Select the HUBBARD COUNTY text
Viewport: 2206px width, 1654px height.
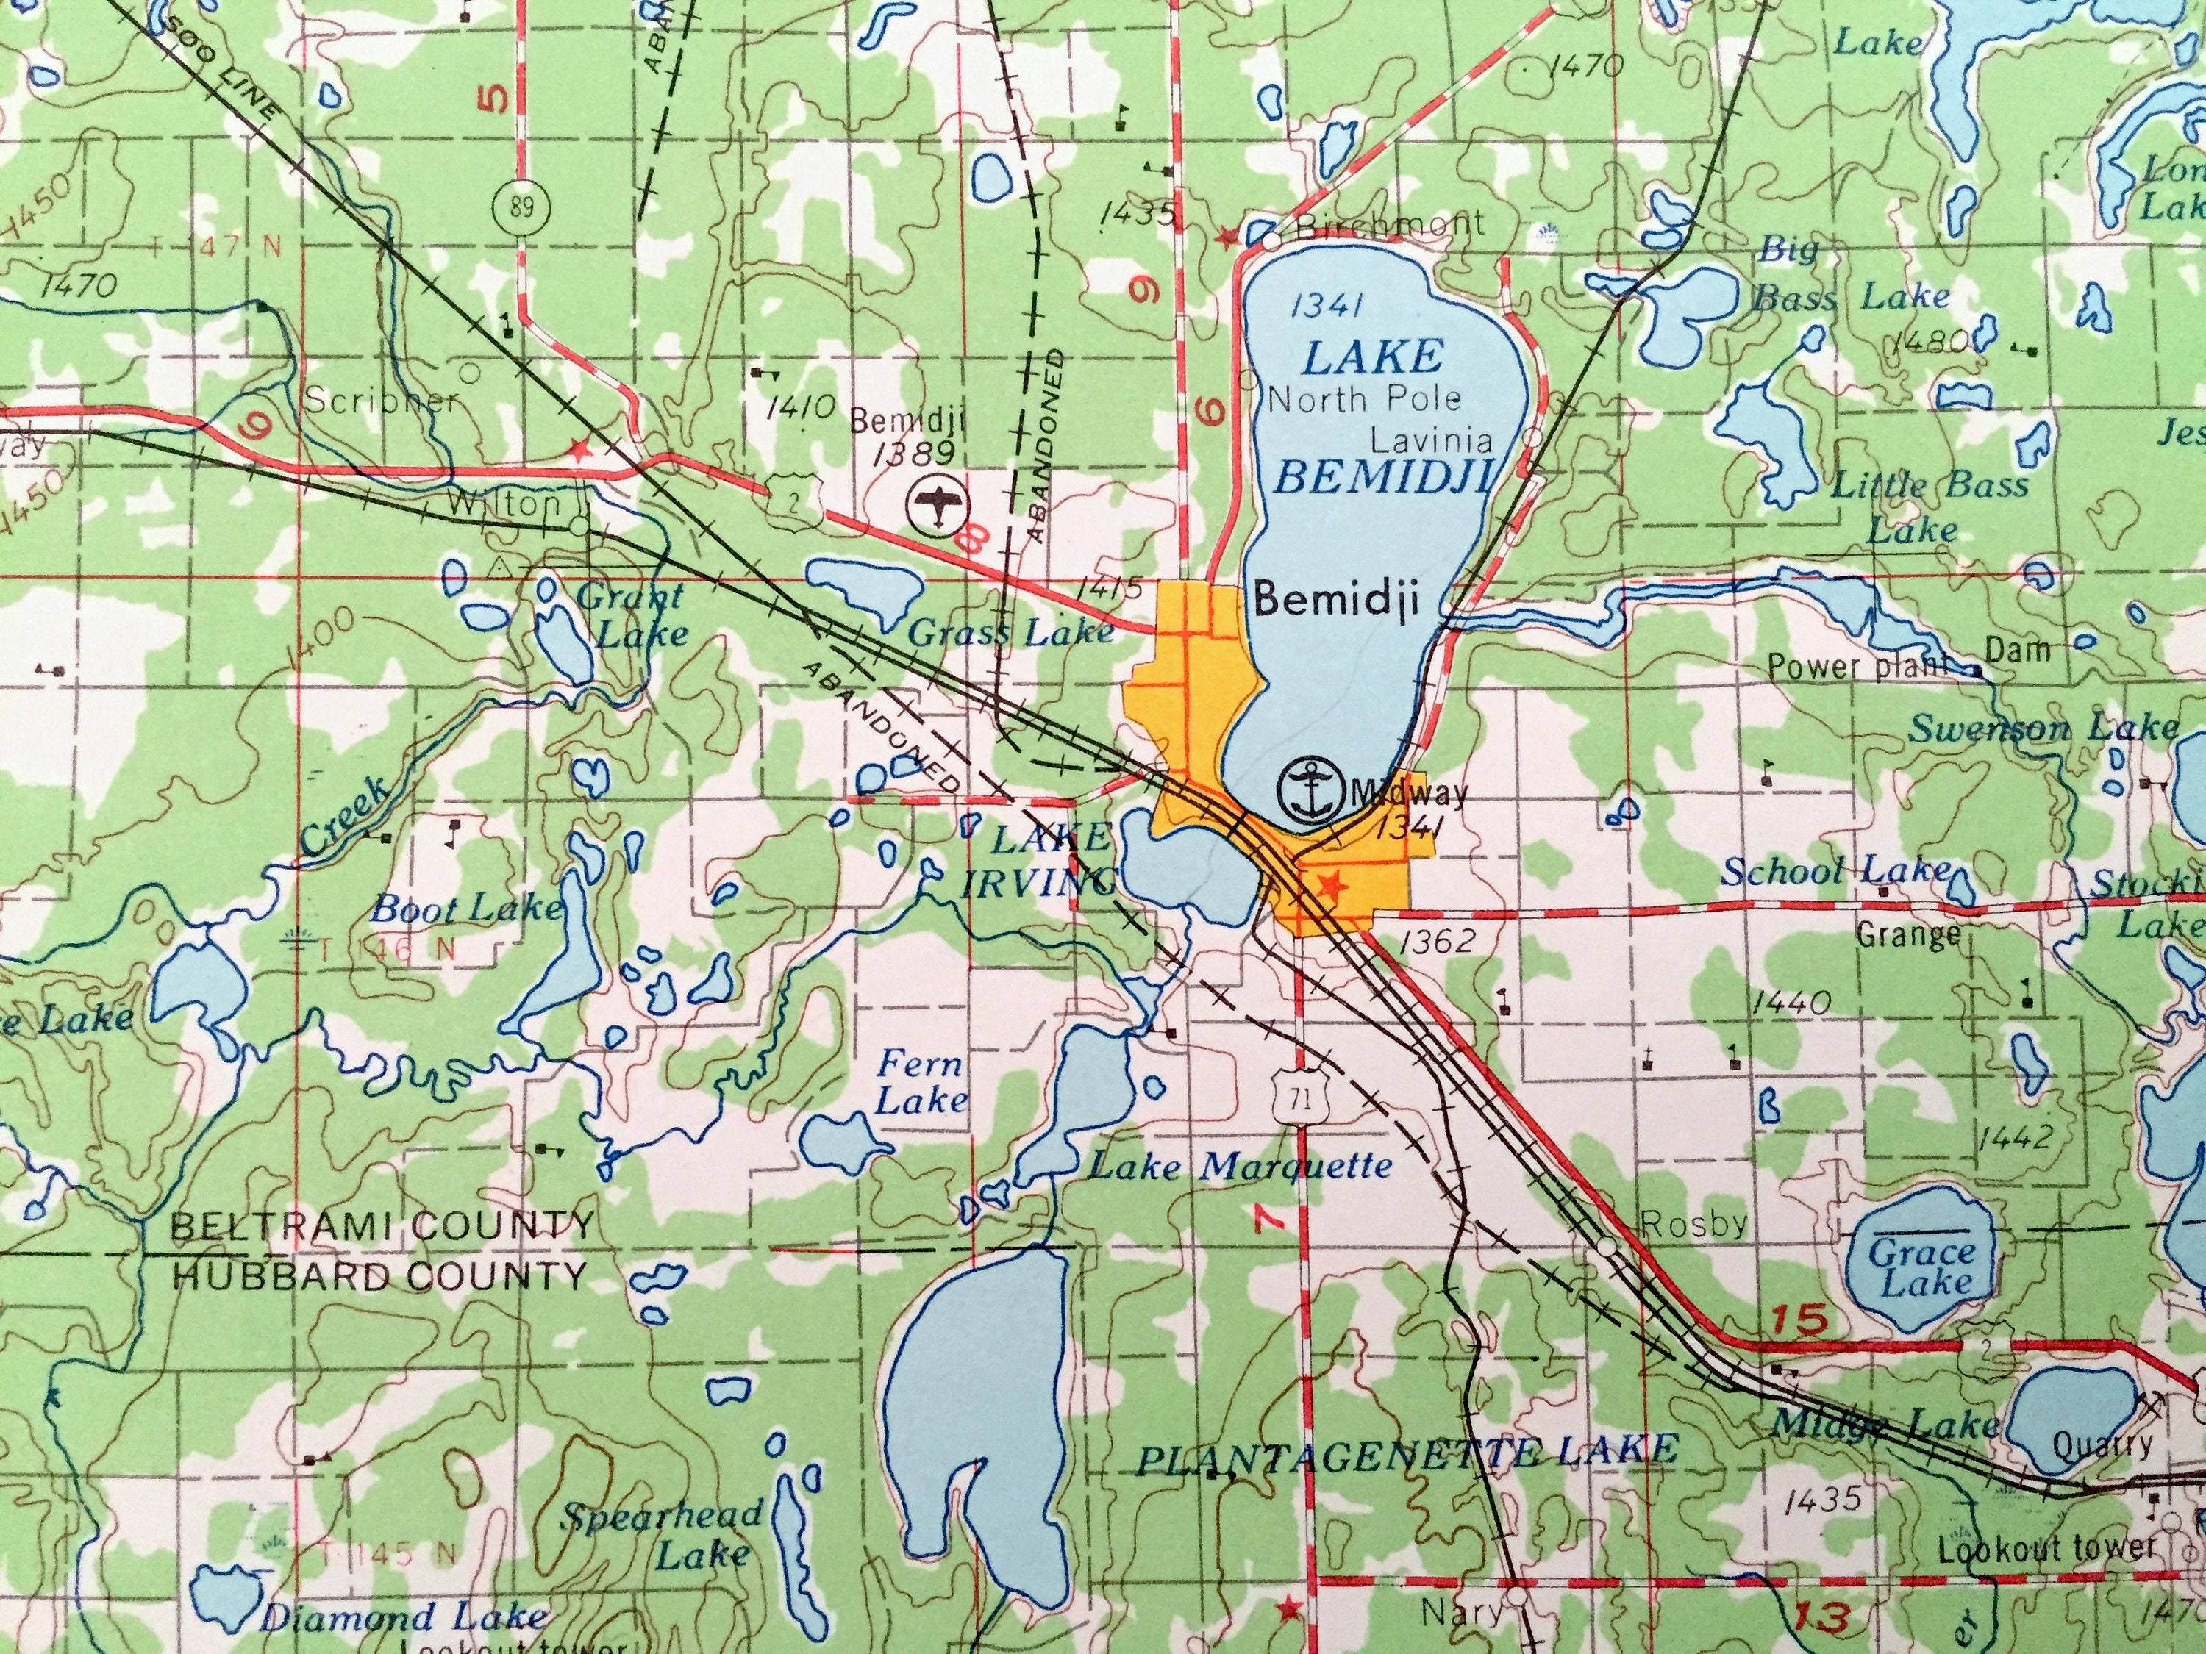[379, 1275]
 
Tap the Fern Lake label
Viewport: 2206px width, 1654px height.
[921, 1082]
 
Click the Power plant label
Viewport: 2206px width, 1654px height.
[1857, 666]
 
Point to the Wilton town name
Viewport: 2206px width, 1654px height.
[504, 504]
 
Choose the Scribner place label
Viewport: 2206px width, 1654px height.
[381, 400]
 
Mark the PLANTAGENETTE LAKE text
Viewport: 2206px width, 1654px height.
[1406, 1453]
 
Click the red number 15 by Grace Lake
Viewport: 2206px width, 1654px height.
[1802, 1320]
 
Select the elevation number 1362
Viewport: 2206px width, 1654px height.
[1437, 941]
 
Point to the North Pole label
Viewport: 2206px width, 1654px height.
[1363, 400]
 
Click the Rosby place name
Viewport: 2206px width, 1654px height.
[1693, 1223]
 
